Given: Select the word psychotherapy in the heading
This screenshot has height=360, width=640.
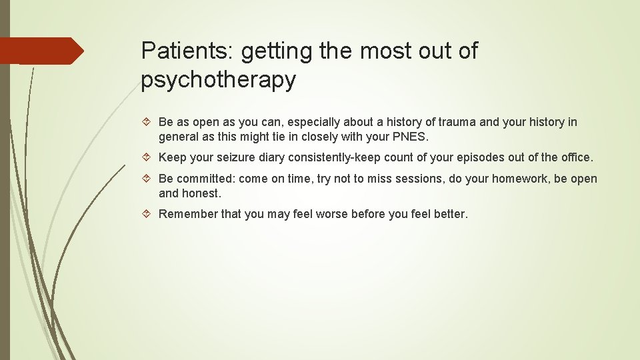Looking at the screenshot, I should pos(218,79).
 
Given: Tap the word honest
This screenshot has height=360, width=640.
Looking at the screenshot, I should pos(201,193).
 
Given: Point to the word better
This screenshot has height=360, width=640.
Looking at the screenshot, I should pos(450,214).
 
